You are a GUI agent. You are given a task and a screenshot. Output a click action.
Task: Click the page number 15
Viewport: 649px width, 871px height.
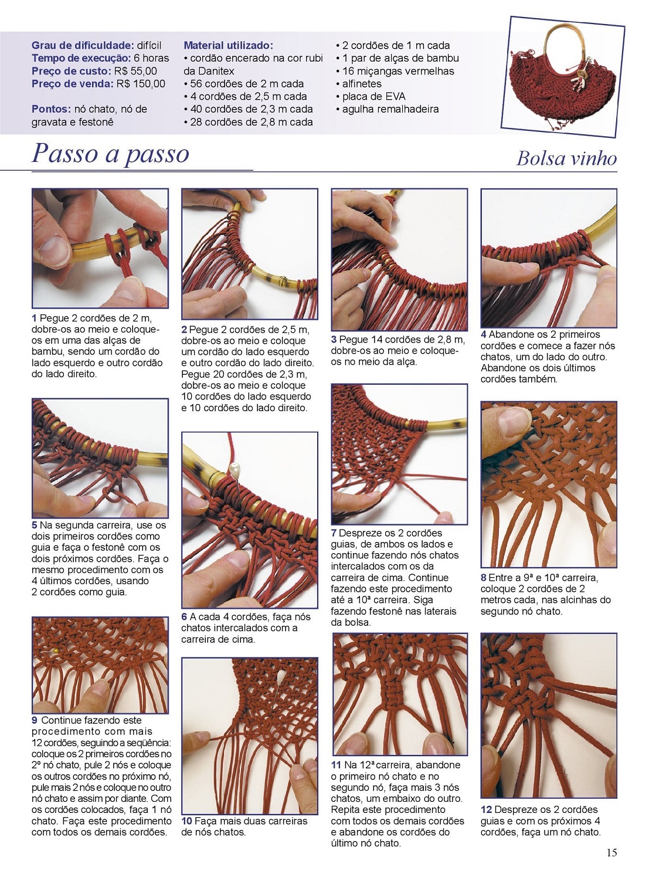pos(611,852)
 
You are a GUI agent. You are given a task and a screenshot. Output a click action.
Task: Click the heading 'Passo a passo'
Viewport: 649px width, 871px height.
pos(110,154)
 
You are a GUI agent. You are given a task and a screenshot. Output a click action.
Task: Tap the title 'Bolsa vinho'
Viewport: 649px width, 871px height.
pos(566,158)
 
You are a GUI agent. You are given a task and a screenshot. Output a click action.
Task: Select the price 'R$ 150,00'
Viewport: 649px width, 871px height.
pos(141,84)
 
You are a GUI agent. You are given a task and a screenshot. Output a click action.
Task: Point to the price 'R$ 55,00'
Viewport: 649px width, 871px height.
pos(135,71)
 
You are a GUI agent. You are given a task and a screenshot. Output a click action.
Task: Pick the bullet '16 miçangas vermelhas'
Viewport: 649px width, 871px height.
pos(395,71)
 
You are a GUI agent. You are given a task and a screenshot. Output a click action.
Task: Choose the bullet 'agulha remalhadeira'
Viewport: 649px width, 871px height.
pos(388,109)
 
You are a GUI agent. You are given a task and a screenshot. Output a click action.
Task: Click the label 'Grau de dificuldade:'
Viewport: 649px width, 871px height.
pos(83,45)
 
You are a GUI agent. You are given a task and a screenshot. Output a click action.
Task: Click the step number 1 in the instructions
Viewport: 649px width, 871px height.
pos(35,318)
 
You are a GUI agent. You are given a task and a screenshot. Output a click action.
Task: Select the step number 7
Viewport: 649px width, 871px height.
pos(334,533)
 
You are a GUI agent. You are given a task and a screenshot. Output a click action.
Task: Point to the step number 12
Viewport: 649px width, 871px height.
pos(487,809)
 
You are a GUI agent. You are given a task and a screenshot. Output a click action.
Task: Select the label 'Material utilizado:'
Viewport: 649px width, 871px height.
pos(229,45)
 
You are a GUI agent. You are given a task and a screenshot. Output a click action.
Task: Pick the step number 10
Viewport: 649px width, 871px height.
pos(187,821)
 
